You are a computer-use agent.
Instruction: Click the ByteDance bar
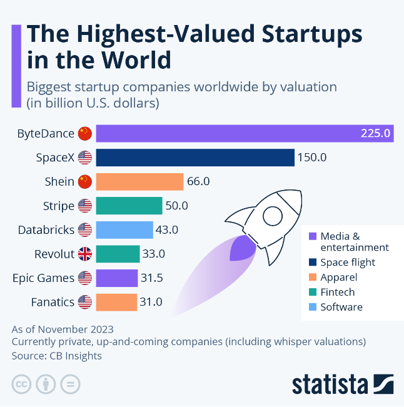(x=244, y=133)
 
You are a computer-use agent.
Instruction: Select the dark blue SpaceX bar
(x=194, y=158)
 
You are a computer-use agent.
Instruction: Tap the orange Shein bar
(x=139, y=182)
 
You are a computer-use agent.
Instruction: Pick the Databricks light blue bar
(x=124, y=230)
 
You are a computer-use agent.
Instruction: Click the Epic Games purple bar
(x=116, y=278)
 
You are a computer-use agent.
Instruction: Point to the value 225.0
(x=375, y=133)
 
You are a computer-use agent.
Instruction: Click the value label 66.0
(x=198, y=182)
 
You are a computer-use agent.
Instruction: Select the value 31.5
(x=153, y=278)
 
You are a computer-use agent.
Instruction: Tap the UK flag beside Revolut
(x=84, y=254)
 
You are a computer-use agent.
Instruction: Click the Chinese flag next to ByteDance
(x=84, y=133)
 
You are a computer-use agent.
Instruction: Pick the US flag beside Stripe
(x=84, y=206)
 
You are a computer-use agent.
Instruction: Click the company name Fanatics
(x=53, y=303)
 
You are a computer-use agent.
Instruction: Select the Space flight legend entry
(x=347, y=262)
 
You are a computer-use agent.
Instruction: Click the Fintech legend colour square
(x=312, y=292)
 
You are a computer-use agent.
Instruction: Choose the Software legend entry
(x=341, y=307)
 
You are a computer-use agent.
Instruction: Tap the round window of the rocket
(x=273, y=216)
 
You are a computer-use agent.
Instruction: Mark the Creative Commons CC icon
(x=21, y=384)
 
